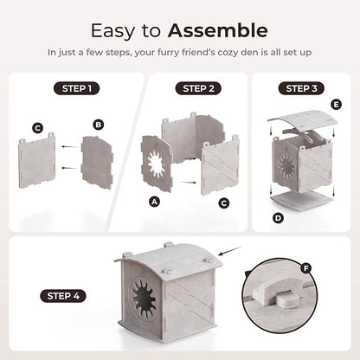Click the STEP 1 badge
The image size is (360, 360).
(77, 88)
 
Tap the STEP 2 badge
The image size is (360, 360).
(198, 88)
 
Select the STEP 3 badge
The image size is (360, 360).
(301, 88)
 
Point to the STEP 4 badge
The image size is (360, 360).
(63, 296)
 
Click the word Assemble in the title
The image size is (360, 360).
(218, 30)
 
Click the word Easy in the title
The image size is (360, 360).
(112, 31)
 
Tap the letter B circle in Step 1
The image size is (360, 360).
(99, 125)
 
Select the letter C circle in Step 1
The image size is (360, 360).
(38, 128)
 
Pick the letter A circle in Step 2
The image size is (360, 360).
(155, 202)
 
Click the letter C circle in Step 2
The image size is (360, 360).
(224, 203)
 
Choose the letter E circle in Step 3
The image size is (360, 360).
(336, 105)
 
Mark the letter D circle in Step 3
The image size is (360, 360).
(278, 218)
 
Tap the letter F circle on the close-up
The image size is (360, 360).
(305, 268)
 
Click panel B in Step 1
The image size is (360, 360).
(97, 162)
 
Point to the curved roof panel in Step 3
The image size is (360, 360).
(303, 120)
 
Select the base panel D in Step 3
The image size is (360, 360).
(302, 201)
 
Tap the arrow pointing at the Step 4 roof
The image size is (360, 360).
(230, 251)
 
